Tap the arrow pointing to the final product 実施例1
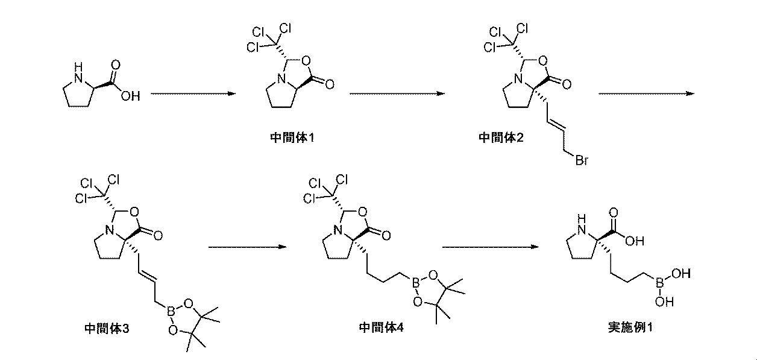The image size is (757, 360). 489,247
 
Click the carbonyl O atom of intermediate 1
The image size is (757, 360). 330,86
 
